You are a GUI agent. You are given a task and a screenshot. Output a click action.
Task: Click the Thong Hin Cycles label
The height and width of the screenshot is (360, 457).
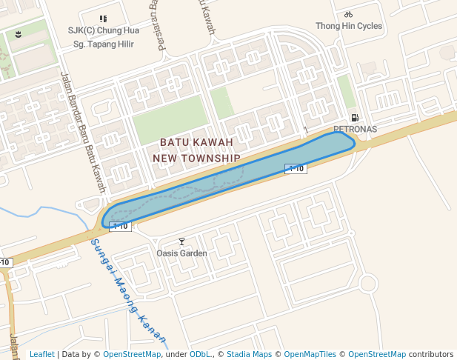point(349,26)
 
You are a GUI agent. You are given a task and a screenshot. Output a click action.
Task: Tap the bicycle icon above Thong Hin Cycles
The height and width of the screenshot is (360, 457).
point(349,14)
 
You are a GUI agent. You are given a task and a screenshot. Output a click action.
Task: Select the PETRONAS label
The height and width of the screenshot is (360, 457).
point(355,129)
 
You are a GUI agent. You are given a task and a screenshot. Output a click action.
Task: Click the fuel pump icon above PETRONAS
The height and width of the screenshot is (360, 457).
point(356,118)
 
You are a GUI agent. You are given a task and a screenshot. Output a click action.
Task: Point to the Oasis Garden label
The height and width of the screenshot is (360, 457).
point(181,253)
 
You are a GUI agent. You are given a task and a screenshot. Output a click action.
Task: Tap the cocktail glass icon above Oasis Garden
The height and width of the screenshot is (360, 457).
point(182,241)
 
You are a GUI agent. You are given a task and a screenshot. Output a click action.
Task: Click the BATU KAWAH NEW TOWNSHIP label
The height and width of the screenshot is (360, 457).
point(196,150)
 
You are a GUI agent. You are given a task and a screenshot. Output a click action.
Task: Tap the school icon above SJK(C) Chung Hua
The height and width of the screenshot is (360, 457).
point(103,19)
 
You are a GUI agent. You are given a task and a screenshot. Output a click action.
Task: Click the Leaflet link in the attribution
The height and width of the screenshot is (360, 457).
point(41,355)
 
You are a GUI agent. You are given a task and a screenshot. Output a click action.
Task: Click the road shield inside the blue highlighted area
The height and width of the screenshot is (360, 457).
point(296,168)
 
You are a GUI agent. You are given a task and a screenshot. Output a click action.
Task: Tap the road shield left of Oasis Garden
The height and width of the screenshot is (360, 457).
point(120,226)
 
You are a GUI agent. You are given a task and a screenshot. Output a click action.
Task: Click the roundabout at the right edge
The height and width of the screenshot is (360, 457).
point(370,283)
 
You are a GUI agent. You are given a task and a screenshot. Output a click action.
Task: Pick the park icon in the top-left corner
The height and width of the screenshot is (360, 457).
point(19,34)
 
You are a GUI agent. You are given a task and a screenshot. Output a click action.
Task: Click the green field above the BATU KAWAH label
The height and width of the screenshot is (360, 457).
point(170,119)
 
